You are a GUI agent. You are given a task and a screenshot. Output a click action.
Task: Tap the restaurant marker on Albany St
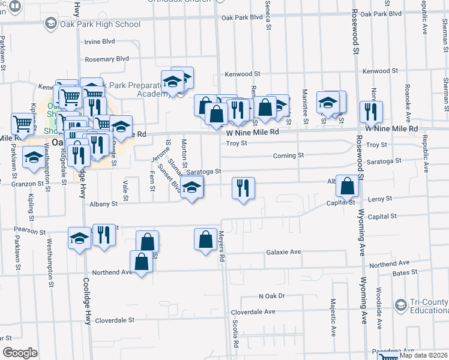(x=244, y=188)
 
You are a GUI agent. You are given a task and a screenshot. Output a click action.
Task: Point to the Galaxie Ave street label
(x=283, y=253)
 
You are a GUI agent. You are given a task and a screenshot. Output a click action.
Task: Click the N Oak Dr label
(x=271, y=296)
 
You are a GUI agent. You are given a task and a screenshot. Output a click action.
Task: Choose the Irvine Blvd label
(x=100, y=42)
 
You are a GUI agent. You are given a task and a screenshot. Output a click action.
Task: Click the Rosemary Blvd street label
(x=107, y=59)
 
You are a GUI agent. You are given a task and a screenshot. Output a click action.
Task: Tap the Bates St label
(x=405, y=272)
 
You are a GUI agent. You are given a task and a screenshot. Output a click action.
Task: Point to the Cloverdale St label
(x=114, y=320)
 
